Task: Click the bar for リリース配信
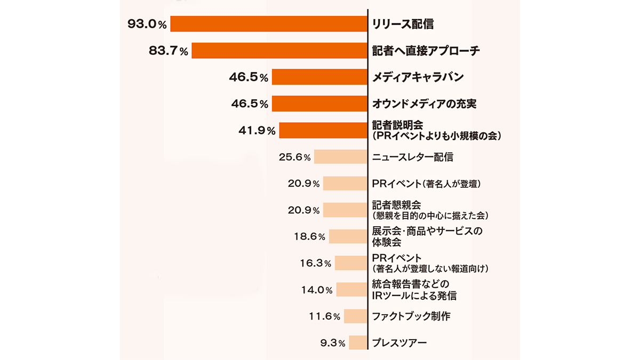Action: [269, 24]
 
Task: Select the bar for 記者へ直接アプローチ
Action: [279, 51]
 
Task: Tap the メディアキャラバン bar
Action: [319, 77]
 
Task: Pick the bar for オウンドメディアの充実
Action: [319, 103]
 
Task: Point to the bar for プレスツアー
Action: [358, 342]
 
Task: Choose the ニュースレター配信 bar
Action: [341, 157]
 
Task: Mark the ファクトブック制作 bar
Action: [356, 316]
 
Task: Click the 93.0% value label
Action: [147, 24]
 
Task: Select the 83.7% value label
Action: [169, 51]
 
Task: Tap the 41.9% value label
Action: [256, 130]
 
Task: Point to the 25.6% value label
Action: [294, 157]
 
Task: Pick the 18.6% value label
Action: [309, 236]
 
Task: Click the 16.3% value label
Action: [315, 263]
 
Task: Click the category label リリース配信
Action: [403, 24]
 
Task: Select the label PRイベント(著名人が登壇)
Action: [427, 184]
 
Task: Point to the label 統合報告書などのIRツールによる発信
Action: [414, 290]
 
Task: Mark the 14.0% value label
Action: [317, 290]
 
